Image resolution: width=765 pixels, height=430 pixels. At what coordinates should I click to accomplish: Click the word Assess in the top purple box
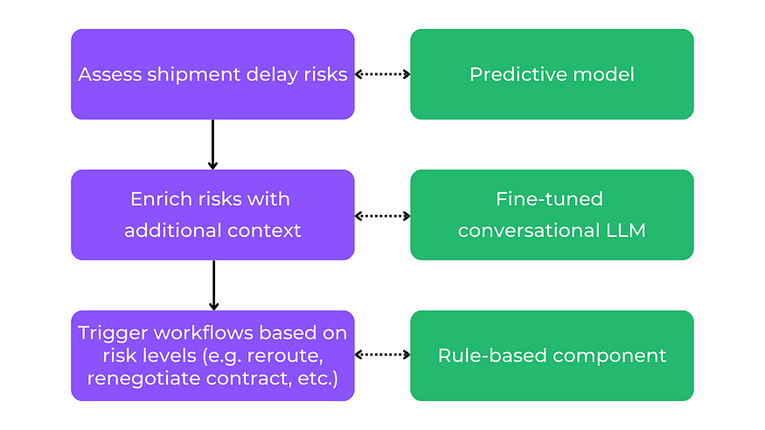click(109, 74)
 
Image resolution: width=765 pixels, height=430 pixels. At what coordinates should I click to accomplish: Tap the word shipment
click(194, 75)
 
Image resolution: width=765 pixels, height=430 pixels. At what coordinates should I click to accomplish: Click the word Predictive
click(518, 74)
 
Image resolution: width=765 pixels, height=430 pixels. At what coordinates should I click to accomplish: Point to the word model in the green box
click(603, 74)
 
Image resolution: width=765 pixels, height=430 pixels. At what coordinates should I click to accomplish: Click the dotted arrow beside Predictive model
click(383, 74)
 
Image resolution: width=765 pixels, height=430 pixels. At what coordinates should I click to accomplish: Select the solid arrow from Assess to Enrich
click(212, 144)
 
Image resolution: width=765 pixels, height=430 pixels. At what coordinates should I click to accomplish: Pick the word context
click(264, 231)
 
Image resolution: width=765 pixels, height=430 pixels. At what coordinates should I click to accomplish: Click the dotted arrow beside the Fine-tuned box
click(383, 216)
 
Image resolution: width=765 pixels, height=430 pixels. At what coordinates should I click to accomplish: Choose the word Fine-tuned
click(549, 199)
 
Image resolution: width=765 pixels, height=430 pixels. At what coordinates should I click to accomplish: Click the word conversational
click(529, 231)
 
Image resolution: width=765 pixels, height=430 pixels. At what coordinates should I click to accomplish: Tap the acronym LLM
click(626, 231)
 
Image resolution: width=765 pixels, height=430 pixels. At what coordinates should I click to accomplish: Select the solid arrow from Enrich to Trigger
click(213, 285)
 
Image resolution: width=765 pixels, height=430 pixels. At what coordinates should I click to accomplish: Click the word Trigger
click(113, 334)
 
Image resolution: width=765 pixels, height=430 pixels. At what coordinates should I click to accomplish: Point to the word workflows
click(204, 333)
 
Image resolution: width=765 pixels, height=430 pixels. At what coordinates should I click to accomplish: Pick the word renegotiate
click(144, 378)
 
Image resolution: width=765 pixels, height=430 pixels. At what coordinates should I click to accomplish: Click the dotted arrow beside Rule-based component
click(383, 355)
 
